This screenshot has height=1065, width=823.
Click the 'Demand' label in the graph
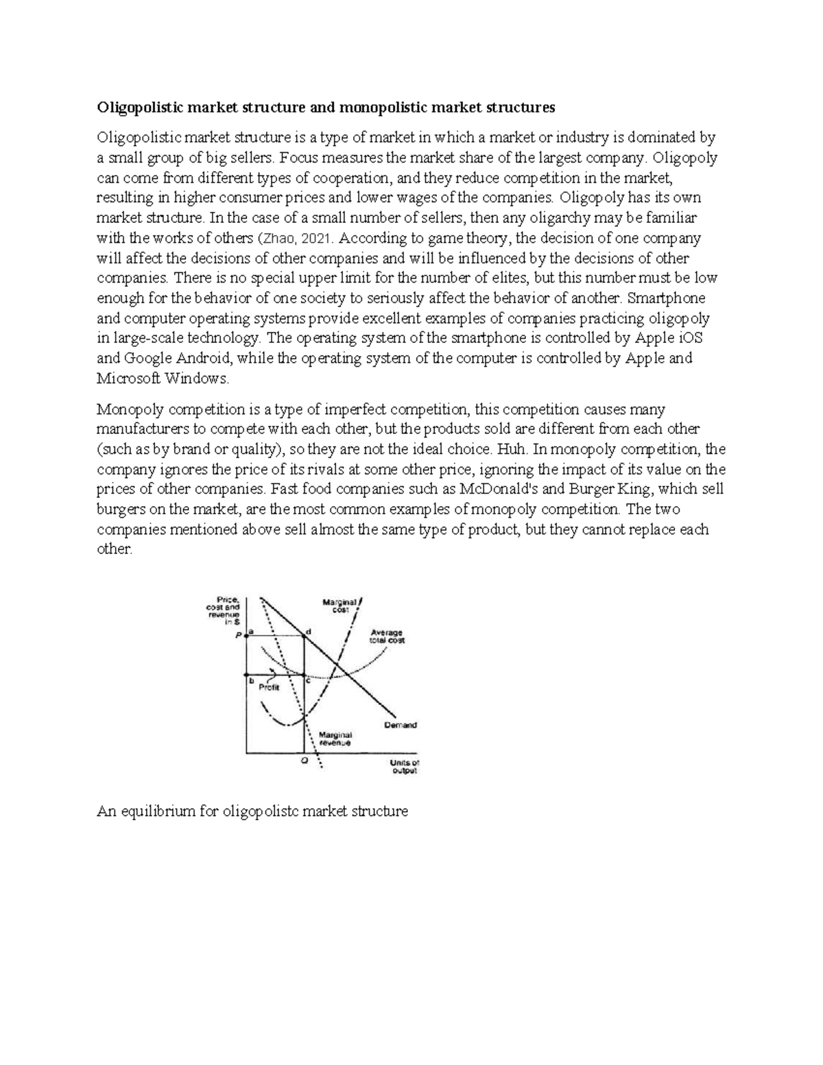coord(401,725)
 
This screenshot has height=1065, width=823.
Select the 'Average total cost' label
coord(387,636)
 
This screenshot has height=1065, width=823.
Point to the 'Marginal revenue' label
coord(335,739)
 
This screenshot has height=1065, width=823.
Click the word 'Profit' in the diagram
coord(269,688)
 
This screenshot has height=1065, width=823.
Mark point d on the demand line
coord(305,636)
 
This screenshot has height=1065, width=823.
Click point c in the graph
coord(305,675)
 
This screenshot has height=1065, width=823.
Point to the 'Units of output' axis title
coord(404,766)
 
